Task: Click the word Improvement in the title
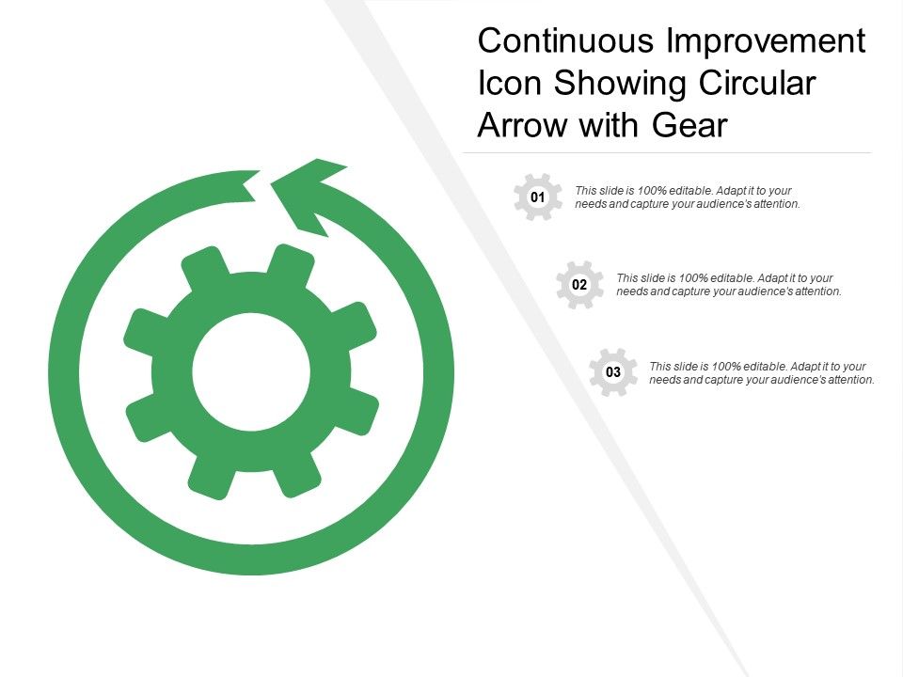click(768, 42)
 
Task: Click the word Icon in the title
click(509, 84)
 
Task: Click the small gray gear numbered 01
click(538, 197)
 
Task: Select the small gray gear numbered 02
click(579, 285)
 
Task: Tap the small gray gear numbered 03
click(613, 372)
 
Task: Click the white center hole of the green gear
click(251, 371)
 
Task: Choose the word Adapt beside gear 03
click(806, 367)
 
